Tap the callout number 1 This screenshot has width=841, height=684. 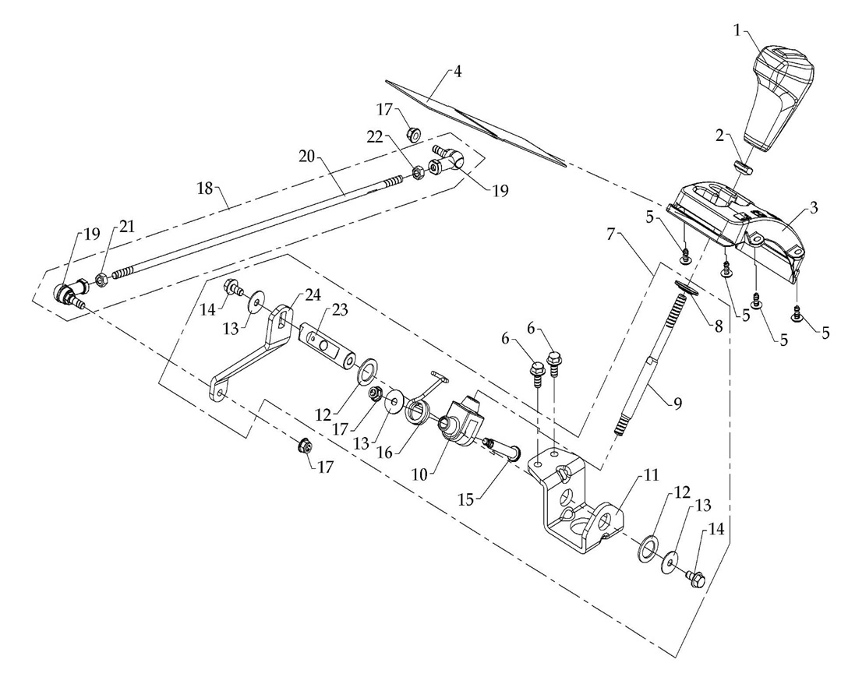[738, 30]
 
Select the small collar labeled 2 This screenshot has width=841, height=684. [745, 167]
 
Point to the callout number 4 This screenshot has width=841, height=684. [458, 71]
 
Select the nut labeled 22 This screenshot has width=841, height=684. [417, 171]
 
